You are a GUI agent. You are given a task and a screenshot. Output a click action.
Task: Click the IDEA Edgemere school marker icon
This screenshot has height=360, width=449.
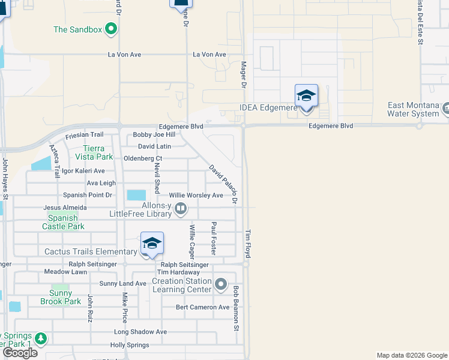point(306,95)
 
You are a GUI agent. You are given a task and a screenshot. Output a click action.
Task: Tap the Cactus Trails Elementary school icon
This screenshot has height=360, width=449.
point(152,243)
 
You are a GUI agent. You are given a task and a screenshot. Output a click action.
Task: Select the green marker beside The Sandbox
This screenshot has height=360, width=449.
point(111,29)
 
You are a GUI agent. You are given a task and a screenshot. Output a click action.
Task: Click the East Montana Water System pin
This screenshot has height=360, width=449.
point(446,109)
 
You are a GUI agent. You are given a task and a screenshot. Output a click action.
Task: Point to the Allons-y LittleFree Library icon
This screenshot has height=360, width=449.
point(181,209)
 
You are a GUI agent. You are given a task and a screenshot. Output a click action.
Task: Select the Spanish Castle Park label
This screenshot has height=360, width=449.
point(63,222)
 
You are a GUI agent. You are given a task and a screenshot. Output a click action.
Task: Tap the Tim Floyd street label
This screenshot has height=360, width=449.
point(247,244)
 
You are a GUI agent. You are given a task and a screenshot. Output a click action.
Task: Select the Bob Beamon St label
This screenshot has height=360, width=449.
point(237,308)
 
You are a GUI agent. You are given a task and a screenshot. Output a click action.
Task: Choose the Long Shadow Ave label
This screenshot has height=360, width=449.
point(140,332)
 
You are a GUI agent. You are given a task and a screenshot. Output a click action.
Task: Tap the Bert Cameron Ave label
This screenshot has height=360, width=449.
point(203,307)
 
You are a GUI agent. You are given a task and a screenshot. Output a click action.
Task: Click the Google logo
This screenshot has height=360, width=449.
point(20,353)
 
